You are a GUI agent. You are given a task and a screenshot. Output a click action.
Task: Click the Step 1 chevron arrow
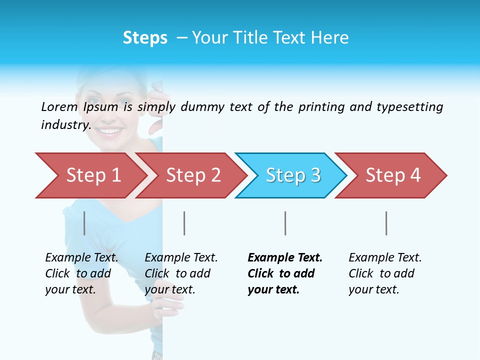[x=92, y=175]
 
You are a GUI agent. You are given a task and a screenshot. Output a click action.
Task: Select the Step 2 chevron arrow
[x=192, y=175]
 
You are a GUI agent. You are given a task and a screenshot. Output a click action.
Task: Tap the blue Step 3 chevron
[x=292, y=175]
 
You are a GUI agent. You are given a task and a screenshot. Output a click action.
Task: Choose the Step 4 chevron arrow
[x=392, y=175]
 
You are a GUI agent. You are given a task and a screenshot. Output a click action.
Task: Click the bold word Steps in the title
[x=145, y=38]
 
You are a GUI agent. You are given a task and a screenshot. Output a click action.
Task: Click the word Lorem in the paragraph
[x=59, y=106]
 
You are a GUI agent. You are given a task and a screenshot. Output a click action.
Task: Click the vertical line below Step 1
[x=84, y=223]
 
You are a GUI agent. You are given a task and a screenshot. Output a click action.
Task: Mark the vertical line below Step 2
[x=184, y=223]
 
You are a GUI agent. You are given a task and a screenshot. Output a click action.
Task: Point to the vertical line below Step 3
[x=285, y=223]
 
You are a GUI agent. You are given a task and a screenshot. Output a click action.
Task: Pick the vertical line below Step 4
[x=386, y=223]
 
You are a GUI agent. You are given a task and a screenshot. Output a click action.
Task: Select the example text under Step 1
[x=81, y=273]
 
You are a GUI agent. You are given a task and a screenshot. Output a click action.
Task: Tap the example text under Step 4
[x=384, y=273]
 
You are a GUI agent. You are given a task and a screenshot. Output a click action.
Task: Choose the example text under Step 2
[x=180, y=273]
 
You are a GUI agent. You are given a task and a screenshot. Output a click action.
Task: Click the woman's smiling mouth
[x=110, y=131]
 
